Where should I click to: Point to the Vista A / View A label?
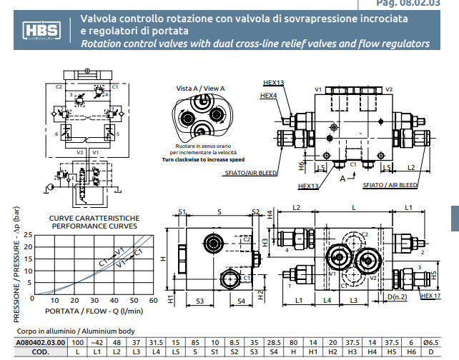click(x=200, y=88)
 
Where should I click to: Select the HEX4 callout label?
click(x=268, y=95)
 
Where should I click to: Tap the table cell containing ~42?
click(x=98, y=343)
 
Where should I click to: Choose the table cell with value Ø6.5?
click(x=429, y=343)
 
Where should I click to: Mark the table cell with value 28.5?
click(x=272, y=343)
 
